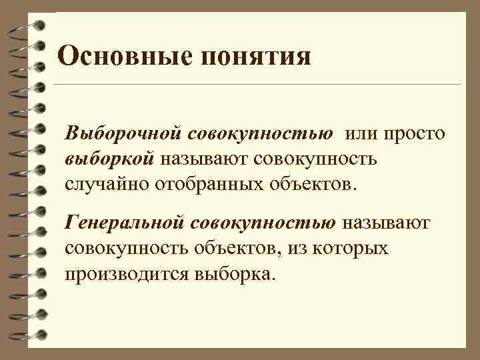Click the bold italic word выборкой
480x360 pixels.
click(109, 158)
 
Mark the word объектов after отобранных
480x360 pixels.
click(315, 183)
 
